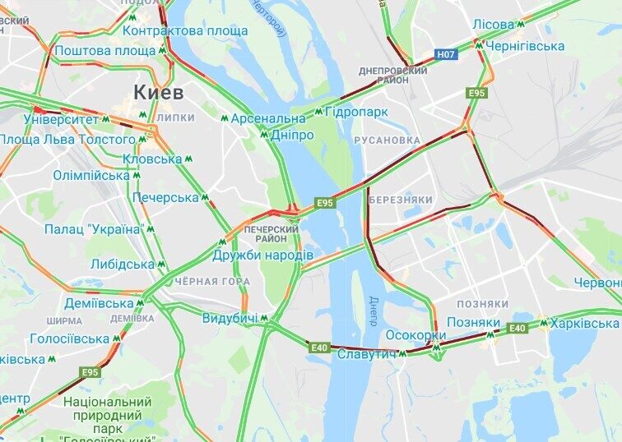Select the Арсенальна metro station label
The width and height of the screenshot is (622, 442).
click(x=267, y=118)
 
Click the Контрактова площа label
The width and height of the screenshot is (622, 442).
click(x=184, y=31)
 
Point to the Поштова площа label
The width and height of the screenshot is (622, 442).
click(x=105, y=51)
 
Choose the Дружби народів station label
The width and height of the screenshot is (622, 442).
click(x=262, y=256)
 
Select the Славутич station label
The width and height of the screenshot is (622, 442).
click(x=368, y=353)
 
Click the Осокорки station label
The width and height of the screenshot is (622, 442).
click(x=415, y=335)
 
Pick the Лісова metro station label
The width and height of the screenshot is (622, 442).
click(x=494, y=25)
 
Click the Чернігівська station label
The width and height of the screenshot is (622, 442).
click(x=525, y=47)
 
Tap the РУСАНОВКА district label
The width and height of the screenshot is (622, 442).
click(x=387, y=140)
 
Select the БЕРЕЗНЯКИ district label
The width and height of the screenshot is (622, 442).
click(x=401, y=200)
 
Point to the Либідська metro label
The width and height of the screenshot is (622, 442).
click(x=123, y=265)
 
